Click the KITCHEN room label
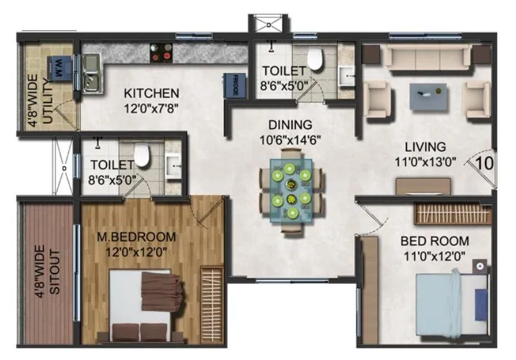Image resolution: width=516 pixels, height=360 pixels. click(152, 93)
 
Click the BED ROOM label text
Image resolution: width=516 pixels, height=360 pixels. click(435, 241)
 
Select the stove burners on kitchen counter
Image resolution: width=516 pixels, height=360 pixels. click(161, 53)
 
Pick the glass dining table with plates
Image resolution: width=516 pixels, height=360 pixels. click(291, 188)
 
